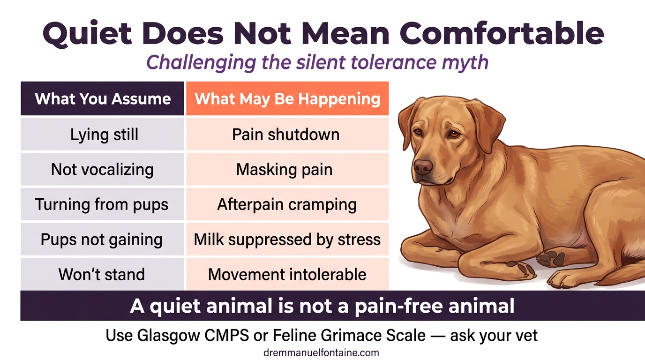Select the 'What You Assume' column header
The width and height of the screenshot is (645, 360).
[x=103, y=99]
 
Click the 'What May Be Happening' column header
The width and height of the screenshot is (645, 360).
[x=287, y=99]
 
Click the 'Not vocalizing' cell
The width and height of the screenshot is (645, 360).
[x=102, y=169]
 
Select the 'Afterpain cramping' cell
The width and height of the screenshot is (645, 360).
[x=287, y=205]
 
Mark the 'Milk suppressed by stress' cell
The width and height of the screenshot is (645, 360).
[x=287, y=240]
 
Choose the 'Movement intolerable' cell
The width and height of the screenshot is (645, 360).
[x=287, y=274]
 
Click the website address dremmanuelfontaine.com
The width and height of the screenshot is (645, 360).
[x=321, y=352]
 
